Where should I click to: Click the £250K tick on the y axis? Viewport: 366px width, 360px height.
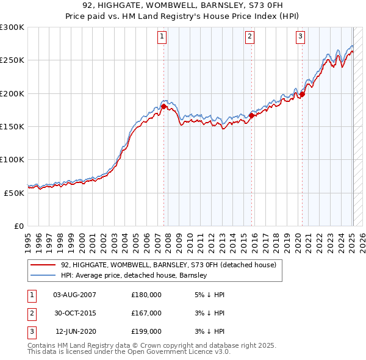click(x=12, y=60)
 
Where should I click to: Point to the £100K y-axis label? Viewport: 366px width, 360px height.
click(x=12, y=159)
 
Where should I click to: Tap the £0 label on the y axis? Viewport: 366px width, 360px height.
click(x=18, y=226)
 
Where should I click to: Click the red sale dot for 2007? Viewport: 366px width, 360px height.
click(x=163, y=106)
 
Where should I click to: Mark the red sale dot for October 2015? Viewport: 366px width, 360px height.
click(x=252, y=115)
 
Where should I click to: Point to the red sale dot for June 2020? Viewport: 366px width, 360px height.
click(x=302, y=94)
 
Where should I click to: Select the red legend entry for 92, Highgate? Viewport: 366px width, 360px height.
click(x=168, y=265)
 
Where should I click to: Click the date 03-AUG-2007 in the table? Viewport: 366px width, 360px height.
click(x=75, y=295)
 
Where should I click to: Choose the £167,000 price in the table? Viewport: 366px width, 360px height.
click(x=146, y=313)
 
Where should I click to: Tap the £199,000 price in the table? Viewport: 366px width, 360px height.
click(x=146, y=331)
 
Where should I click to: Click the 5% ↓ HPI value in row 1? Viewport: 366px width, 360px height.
click(x=209, y=295)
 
